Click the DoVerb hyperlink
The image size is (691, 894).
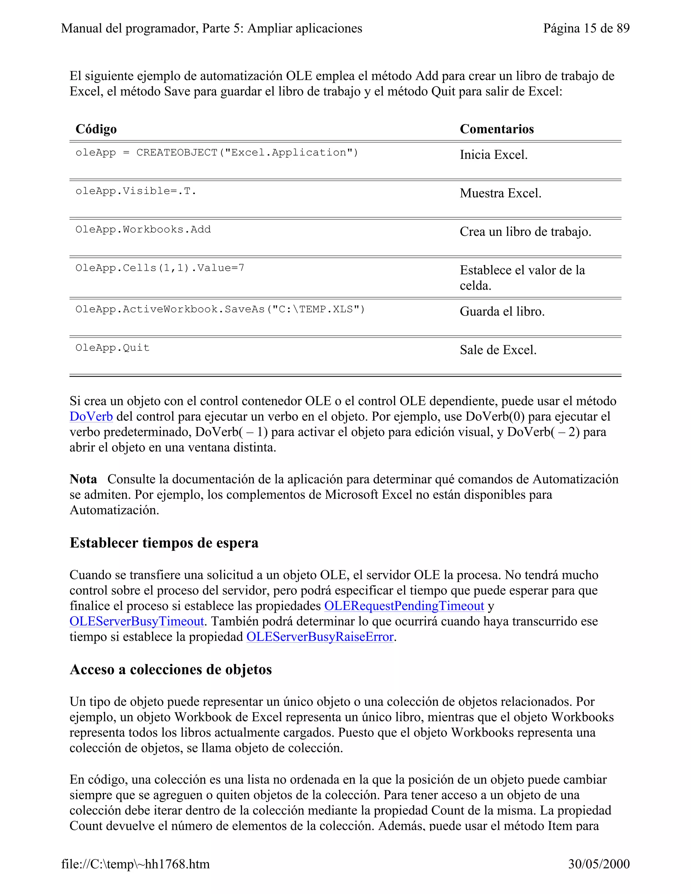91,416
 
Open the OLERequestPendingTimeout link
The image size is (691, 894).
404,606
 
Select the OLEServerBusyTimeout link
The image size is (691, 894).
136,621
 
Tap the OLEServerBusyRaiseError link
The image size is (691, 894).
320,637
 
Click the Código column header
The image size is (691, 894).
96,129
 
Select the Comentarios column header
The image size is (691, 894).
497,129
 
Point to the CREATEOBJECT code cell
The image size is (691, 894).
217,153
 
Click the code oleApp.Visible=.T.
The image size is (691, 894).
136,191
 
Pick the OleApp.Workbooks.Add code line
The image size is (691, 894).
143,230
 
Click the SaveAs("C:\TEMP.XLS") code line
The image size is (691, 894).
220,309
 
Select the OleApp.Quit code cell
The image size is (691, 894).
113,348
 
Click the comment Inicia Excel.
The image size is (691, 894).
493,155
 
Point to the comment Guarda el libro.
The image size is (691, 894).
502,311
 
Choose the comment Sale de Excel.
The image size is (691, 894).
498,350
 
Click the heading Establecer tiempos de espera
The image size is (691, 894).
164,543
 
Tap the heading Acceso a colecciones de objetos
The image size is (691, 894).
171,669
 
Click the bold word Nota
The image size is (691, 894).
83,479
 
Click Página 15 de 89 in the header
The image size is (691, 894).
586,28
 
